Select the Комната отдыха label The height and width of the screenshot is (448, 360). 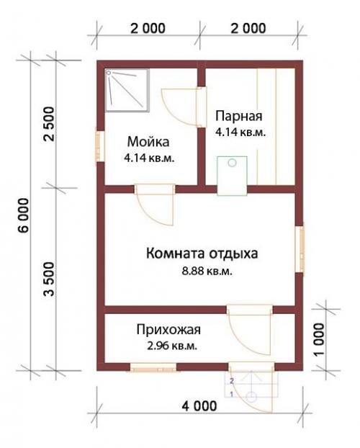click(202, 254)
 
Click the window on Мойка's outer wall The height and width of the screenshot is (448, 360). click(99, 145)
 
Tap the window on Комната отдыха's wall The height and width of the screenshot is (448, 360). click(300, 249)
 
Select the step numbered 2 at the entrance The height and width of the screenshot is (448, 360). click(232, 379)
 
